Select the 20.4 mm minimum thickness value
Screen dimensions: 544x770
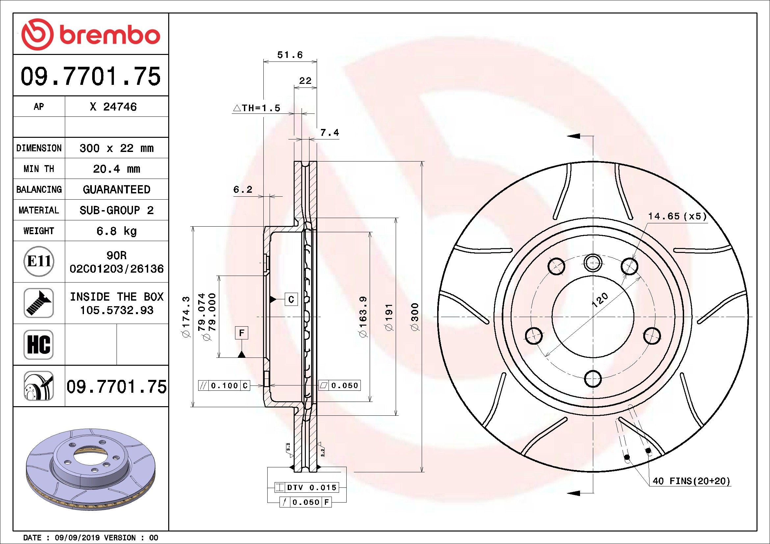[116, 169]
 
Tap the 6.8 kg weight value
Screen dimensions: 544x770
[116, 231]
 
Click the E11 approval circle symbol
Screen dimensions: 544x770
[39, 261]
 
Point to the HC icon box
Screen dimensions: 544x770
[39, 344]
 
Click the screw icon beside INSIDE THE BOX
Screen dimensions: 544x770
[39, 303]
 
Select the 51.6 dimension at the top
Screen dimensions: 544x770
[290, 55]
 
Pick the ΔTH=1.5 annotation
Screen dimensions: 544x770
[256, 108]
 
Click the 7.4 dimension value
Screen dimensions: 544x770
[329, 133]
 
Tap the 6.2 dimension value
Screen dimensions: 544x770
[243, 189]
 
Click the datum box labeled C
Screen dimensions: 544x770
[291, 299]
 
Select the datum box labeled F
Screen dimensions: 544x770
[241, 333]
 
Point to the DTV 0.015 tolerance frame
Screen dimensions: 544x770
[306, 487]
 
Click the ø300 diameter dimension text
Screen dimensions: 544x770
[415, 317]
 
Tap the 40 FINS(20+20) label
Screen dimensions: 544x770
[691, 482]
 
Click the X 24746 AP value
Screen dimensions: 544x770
[113, 107]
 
